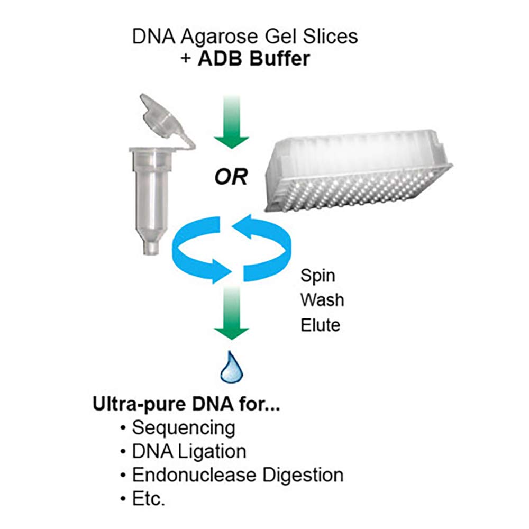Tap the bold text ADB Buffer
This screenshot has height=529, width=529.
click(x=254, y=58)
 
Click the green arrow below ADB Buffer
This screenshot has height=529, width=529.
click(x=232, y=122)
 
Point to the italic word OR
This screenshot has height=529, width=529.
click(x=231, y=177)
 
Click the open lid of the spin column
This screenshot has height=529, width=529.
click(x=165, y=120)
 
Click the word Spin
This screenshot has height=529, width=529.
click(x=318, y=276)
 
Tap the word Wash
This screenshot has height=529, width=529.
click(x=322, y=300)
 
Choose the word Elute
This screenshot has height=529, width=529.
click(x=320, y=325)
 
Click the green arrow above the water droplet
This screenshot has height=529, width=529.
click(x=232, y=312)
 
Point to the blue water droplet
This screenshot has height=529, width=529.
click(x=232, y=367)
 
